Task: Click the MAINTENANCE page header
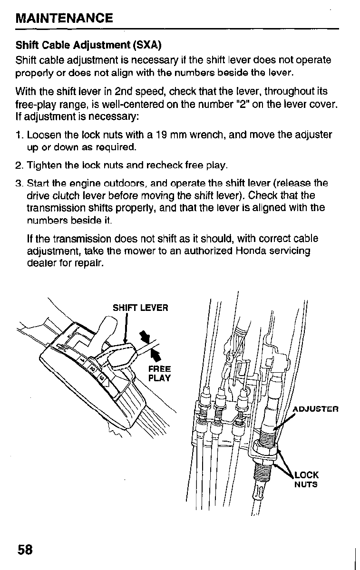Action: coord(64,19)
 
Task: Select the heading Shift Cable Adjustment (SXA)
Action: coord(88,46)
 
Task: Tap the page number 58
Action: coord(25,550)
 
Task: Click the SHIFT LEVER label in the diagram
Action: coord(140,308)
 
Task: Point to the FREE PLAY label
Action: coord(159,374)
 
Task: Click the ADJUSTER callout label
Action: coord(315,409)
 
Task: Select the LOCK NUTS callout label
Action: coord(306,480)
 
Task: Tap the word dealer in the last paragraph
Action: coord(39,262)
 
